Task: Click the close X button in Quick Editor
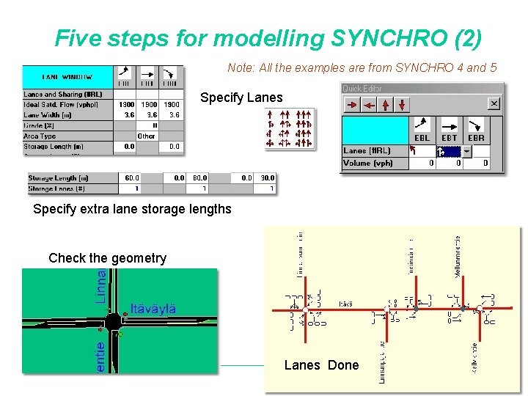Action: (x=494, y=105)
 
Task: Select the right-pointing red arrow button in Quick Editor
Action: (x=353, y=105)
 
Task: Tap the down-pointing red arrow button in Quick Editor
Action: (x=402, y=105)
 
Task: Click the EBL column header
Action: (x=422, y=137)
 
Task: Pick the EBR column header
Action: (x=476, y=137)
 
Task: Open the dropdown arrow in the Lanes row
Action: (x=466, y=152)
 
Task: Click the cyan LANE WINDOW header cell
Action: (x=67, y=76)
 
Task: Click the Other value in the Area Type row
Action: (x=147, y=136)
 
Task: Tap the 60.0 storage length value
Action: (x=131, y=177)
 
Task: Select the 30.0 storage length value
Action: (x=267, y=177)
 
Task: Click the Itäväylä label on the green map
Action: (x=153, y=308)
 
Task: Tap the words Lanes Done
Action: (x=321, y=365)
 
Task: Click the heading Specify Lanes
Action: (x=241, y=98)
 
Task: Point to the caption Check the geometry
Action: (x=107, y=258)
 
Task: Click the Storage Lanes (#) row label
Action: (x=56, y=188)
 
